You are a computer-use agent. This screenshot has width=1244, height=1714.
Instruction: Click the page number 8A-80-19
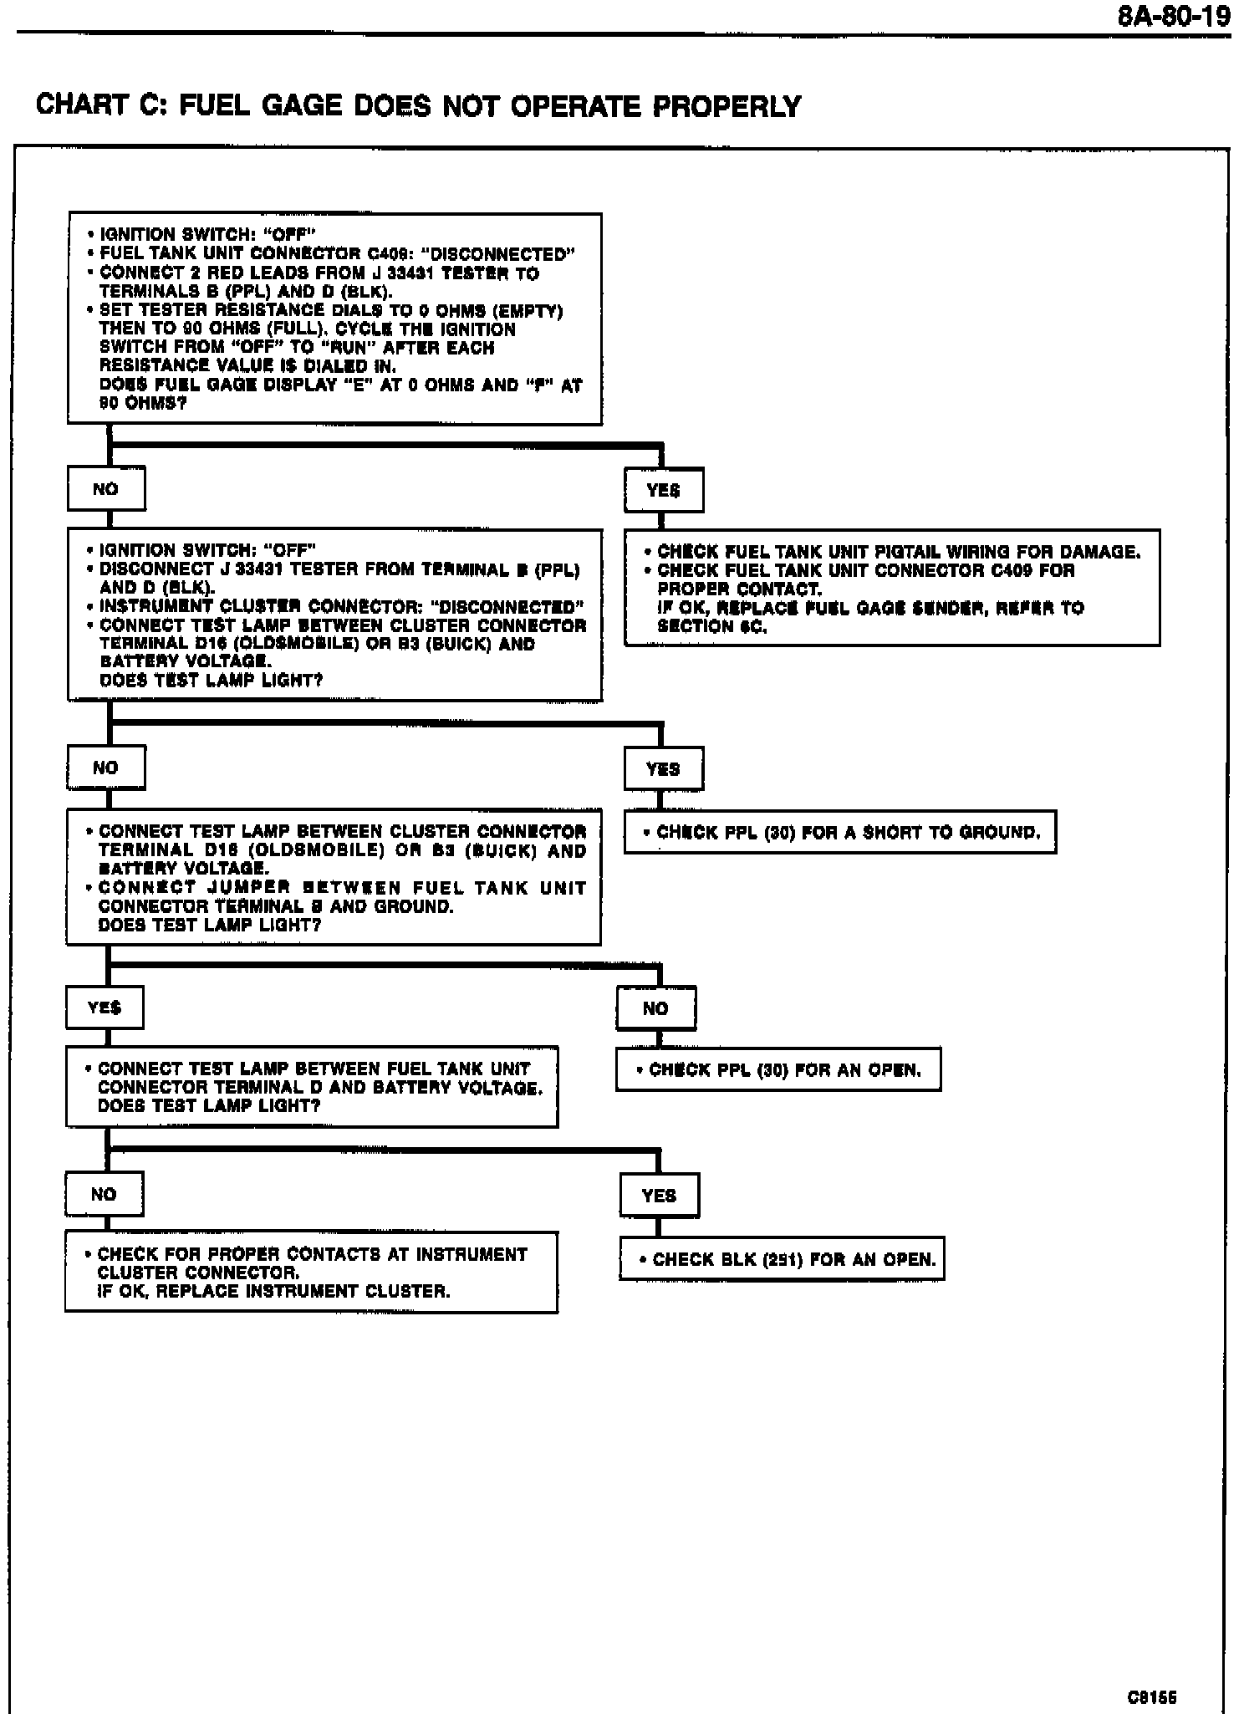click(x=1174, y=16)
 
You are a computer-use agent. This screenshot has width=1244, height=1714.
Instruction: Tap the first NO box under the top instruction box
click(x=106, y=489)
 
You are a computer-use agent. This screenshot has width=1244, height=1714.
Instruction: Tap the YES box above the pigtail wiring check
click(x=664, y=490)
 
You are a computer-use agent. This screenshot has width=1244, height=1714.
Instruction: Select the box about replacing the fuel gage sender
click(x=892, y=588)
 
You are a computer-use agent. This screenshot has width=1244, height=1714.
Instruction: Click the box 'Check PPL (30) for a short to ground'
click(x=840, y=832)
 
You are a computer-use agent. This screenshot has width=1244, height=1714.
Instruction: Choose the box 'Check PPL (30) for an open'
click(x=778, y=1069)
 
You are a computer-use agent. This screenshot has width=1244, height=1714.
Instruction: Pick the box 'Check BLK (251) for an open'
click(x=782, y=1258)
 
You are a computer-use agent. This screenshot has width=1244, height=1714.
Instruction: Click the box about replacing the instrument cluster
click(x=311, y=1272)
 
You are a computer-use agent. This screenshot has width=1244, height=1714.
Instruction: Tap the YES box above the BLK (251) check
click(x=659, y=1196)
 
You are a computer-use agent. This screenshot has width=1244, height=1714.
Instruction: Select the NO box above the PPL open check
click(x=655, y=1008)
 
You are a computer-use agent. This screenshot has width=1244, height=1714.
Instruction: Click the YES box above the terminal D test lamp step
click(x=105, y=1007)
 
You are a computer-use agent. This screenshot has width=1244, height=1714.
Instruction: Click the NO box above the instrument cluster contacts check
click(x=104, y=1194)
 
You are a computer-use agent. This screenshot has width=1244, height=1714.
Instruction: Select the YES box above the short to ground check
click(x=663, y=768)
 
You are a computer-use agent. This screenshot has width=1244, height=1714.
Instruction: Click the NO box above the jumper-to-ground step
click(x=105, y=768)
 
